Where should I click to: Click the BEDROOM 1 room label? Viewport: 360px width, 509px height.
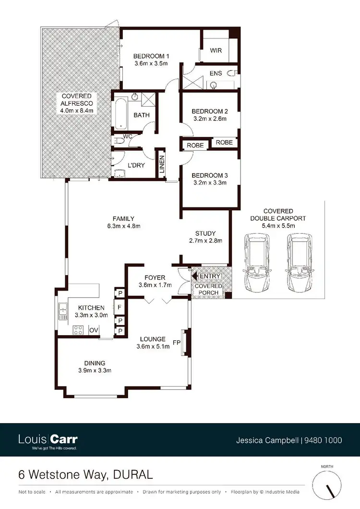(150, 55)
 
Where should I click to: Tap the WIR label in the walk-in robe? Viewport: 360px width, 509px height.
(215, 50)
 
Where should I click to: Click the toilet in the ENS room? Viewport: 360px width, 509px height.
(233, 73)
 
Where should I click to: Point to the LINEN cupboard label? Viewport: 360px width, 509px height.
(162, 165)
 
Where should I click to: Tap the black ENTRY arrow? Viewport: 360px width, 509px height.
(194, 276)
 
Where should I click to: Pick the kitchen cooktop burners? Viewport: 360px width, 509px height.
(77, 330)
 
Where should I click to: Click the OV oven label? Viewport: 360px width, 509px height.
(93, 330)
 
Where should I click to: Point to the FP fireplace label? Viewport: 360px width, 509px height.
(176, 343)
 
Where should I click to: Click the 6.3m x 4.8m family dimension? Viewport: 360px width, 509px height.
(124, 226)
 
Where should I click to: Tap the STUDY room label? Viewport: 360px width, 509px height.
(205, 234)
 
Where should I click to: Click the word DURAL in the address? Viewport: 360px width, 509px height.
(135, 475)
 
